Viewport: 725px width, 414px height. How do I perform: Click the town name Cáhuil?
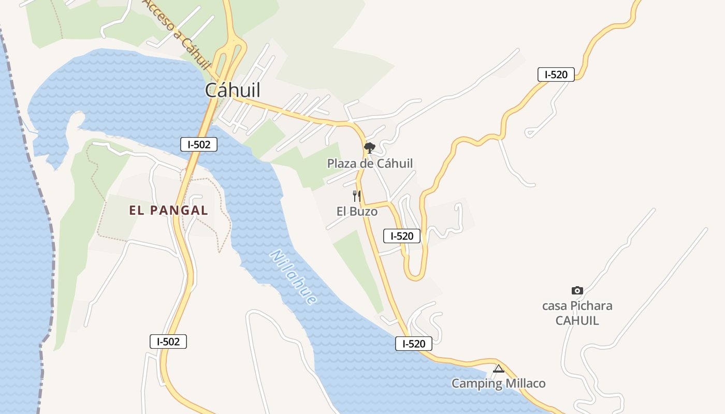pos(233,90)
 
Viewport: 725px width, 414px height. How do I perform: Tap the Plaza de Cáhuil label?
pos(370,164)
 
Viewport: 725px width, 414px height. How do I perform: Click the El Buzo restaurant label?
pos(357,211)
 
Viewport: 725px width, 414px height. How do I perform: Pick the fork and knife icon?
pos(356,196)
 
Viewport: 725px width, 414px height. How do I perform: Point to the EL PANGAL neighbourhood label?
pos(168,210)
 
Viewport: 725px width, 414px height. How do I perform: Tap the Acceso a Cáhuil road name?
pos(178,35)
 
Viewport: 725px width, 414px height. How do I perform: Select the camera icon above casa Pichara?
pos(577,290)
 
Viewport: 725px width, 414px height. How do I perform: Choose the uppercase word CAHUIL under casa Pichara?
pos(577,320)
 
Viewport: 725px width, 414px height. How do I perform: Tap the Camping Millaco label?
pos(498,383)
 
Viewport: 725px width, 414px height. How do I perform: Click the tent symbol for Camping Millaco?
pos(498,368)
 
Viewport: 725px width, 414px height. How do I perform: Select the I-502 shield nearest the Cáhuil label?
pos(199,144)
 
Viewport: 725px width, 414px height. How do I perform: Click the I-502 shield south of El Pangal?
pos(168,342)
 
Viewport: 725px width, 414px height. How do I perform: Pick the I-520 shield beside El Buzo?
pos(402,236)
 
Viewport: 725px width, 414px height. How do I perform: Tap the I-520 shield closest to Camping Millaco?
pos(413,344)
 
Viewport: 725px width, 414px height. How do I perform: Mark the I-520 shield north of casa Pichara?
pos(556,75)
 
